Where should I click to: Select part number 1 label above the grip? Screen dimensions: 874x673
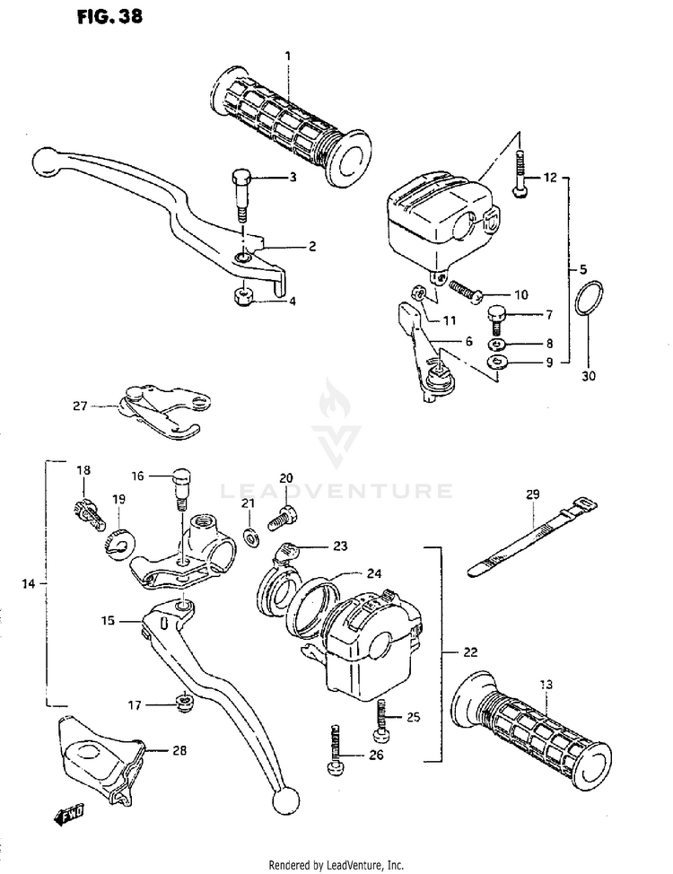click(288, 57)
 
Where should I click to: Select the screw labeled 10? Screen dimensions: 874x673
click(464, 291)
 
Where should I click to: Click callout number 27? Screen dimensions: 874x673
click(79, 406)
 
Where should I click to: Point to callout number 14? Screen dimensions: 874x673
click(28, 584)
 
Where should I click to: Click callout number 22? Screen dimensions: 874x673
click(470, 651)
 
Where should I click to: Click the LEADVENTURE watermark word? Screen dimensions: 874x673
click(336, 491)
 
